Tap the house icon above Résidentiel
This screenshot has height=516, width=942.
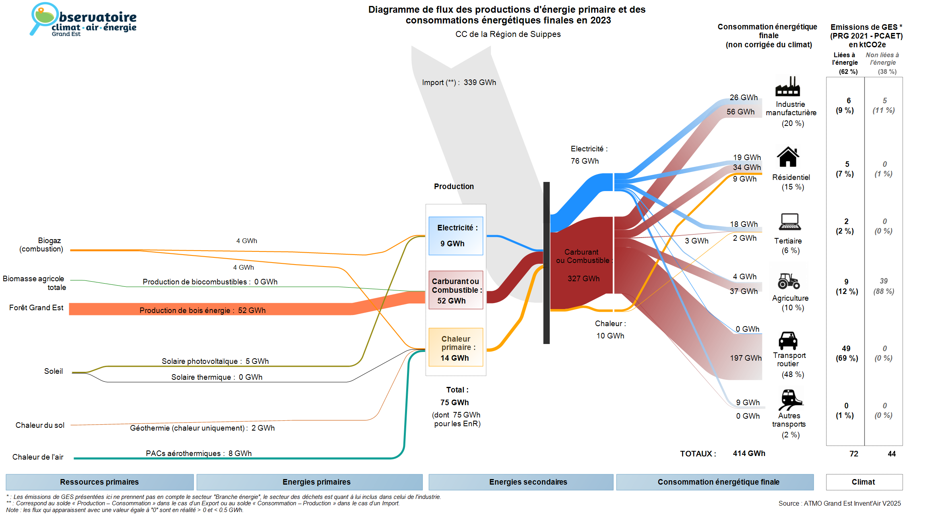tap(788, 157)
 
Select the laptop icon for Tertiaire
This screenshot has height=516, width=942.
tap(790, 222)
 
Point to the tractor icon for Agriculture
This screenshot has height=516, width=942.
tap(789, 281)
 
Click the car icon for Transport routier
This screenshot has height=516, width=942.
tap(788, 340)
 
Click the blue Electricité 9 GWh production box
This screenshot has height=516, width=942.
tap(455, 236)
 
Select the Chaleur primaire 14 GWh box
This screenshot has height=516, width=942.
tap(455, 347)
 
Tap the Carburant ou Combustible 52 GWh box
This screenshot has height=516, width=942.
tap(455, 290)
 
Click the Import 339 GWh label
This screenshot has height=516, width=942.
tap(459, 83)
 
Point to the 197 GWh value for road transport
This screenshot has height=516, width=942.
tap(746, 358)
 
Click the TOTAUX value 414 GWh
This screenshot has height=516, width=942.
tap(749, 454)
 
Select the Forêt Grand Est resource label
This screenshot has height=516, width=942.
tap(36, 308)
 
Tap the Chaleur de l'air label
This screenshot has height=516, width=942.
tap(38, 457)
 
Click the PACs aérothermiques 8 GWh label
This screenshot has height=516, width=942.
tap(199, 454)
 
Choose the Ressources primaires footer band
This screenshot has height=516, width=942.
tap(99, 482)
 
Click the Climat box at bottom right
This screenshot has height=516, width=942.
tap(864, 482)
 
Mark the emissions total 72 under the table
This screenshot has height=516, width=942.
tap(854, 454)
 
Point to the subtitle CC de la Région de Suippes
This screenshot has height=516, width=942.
tap(508, 35)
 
